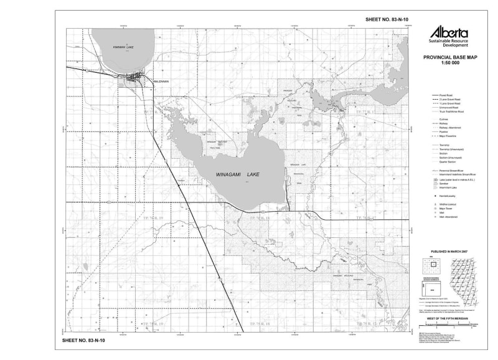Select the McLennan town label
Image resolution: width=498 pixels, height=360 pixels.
coord(161,81)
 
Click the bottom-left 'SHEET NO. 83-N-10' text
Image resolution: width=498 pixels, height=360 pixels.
coord(84,341)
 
